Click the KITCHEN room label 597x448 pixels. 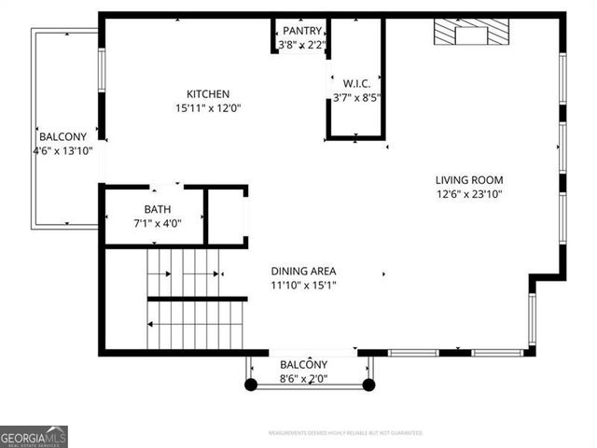point(208,94)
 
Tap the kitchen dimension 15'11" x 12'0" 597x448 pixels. point(208,107)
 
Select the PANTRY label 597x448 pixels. point(303,32)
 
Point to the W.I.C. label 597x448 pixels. point(356,83)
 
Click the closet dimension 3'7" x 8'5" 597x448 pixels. point(356,97)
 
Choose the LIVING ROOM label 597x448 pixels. point(469,180)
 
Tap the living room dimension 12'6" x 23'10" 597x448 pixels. point(469,194)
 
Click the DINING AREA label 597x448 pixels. point(303,271)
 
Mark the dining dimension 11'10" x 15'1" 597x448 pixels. point(303,285)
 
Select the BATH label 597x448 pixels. point(158,209)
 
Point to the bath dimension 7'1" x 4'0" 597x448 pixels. point(158,223)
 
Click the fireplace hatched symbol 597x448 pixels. point(472,33)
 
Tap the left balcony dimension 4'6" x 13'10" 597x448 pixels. point(62,150)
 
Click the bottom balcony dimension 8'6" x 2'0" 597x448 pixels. point(304,379)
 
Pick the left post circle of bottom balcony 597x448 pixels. point(250,384)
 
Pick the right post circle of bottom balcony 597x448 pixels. point(368,384)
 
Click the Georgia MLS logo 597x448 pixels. point(34,436)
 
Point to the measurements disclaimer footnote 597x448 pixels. point(344,433)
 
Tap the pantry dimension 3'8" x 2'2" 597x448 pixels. point(303,45)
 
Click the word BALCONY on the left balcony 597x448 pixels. point(62,136)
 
